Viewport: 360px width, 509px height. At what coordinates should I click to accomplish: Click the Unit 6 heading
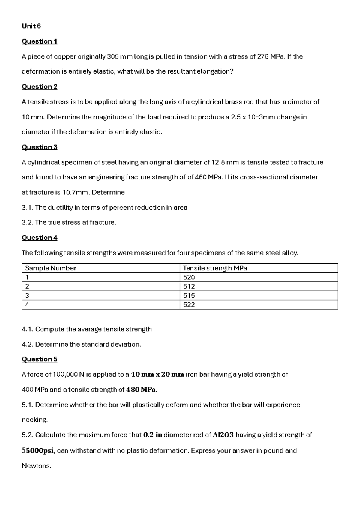[x=31, y=26]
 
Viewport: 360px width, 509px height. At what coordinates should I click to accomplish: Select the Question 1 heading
[x=39, y=41]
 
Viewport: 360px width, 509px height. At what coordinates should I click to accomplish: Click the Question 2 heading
[x=39, y=86]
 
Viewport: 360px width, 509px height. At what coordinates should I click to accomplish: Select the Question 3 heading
[x=39, y=147]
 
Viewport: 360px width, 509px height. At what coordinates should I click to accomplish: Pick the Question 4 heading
[x=39, y=238]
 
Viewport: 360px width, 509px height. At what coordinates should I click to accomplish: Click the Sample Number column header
[x=51, y=268]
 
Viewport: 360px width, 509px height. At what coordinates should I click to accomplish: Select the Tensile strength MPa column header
[x=215, y=268]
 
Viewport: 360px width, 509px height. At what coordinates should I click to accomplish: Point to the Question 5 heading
[x=39, y=359]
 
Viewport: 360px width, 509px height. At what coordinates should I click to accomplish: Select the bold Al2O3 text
[x=223, y=435]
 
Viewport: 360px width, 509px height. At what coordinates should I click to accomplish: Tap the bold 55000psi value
[x=38, y=451]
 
